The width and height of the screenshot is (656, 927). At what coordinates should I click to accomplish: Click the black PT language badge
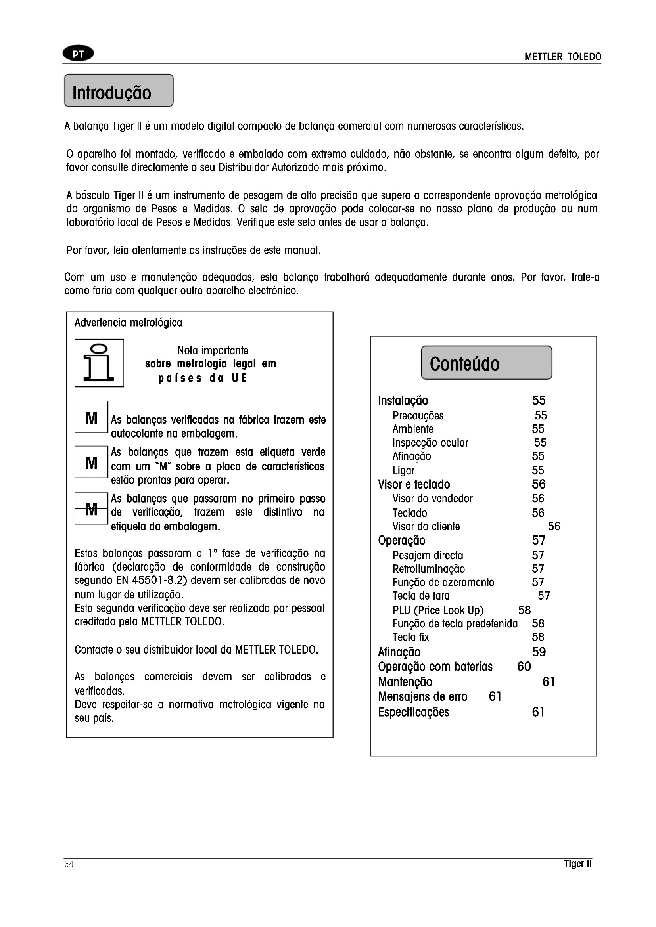point(79,54)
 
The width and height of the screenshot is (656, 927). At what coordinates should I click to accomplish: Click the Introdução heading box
point(119,91)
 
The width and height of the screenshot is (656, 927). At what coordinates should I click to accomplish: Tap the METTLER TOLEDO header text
point(563,57)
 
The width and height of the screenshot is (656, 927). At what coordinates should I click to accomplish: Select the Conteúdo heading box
point(486,363)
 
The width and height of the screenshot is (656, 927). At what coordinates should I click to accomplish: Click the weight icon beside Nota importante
point(99,363)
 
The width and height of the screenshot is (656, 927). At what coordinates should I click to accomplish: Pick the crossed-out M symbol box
point(91,509)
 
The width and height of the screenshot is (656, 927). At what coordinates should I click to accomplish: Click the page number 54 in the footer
point(69,864)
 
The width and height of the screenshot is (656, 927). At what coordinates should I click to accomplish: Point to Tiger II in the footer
point(577,864)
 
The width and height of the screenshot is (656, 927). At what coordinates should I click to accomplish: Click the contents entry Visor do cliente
point(426,526)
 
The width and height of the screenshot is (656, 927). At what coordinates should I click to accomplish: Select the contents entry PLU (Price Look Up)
point(438,610)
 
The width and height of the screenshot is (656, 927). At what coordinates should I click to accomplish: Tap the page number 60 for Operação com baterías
point(524,666)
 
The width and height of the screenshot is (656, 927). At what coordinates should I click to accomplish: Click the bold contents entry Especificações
point(414,712)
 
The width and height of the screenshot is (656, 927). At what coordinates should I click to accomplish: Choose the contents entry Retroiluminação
point(429,569)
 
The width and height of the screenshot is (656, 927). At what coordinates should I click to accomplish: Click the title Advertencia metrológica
point(129,323)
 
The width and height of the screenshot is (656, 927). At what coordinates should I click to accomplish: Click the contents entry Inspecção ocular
point(430,443)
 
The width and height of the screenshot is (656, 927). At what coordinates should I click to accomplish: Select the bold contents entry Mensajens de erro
point(422,696)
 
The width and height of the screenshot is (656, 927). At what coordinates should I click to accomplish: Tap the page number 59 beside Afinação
point(539,652)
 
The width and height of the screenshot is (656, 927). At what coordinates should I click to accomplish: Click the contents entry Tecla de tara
point(421,596)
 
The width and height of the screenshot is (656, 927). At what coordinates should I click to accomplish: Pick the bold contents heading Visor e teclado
point(414,484)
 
